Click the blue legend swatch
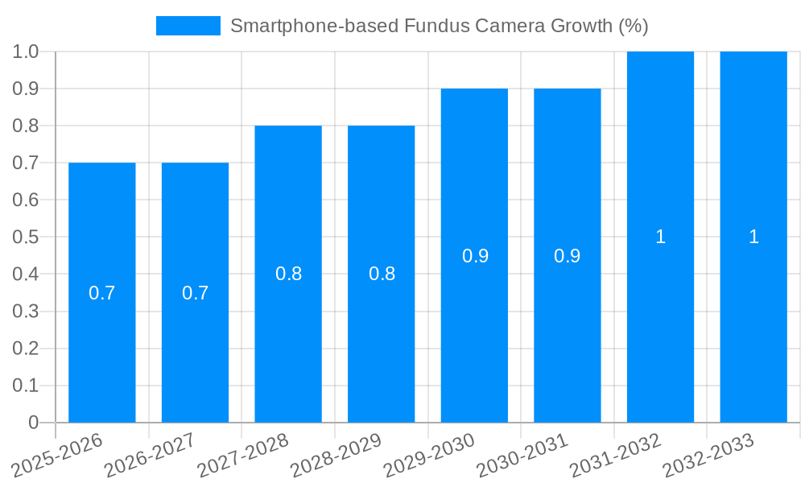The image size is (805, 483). [x=188, y=26]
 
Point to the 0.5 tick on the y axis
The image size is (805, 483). [x=26, y=237]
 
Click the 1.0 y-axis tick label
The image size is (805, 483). [x=26, y=52]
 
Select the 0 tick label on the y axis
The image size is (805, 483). [x=33, y=423]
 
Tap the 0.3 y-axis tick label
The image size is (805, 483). [x=26, y=312]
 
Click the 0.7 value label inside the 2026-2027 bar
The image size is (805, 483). [x=195, y=293]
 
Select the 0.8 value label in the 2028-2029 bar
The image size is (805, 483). [x=382, y=274]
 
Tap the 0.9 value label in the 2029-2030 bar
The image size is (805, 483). [x=475, y=256]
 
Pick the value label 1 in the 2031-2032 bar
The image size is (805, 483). [x=660, y=237]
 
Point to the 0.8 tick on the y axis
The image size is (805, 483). [x=26, y=126]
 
